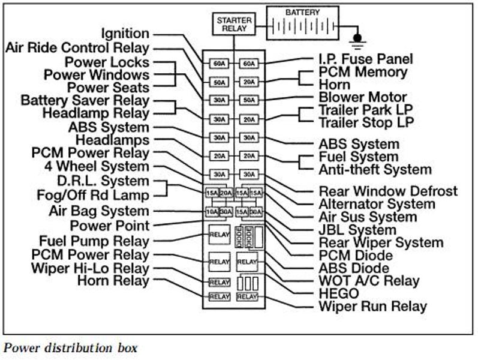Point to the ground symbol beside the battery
[x=358, y=40]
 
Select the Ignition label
[x=125, y=34]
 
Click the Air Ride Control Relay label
[x=77, y=48]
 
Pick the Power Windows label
[x=97, y=76]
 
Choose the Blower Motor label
[x=362, y=97]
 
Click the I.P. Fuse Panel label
[x=365, y=59]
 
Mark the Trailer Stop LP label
[x=366, y=123]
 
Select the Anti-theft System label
[x=375, y=170]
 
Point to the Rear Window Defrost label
[x=387, y=191]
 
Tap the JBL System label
[x=357, y=230]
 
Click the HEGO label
[x=338, y=293]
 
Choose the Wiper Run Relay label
[x=372, y=307]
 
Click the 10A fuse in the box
[x=212, y=212]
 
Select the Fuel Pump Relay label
[x=94, y=241]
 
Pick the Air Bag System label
[x=99, y=211]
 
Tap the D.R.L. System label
[x=103, y=181]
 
